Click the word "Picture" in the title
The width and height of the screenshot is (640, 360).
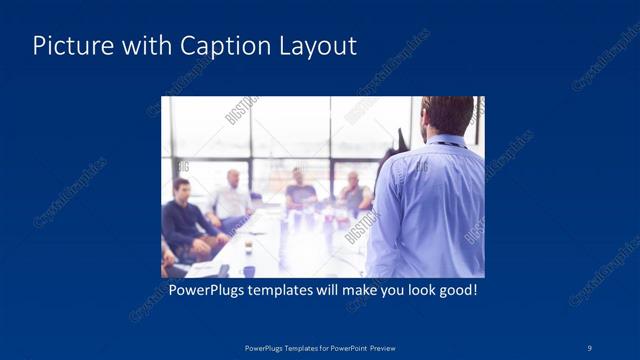[x=68, y=46]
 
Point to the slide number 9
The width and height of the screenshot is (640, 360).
[x=590, y=347]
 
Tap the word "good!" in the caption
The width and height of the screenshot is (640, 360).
[x=454, y=290]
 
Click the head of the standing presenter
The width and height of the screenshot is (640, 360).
[x=446, y=118]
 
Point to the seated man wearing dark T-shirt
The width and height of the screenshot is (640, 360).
[x=300, y=190]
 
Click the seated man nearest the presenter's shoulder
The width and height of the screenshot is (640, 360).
[x=352, y=192]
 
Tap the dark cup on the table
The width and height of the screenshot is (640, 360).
[x=248, y=244]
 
